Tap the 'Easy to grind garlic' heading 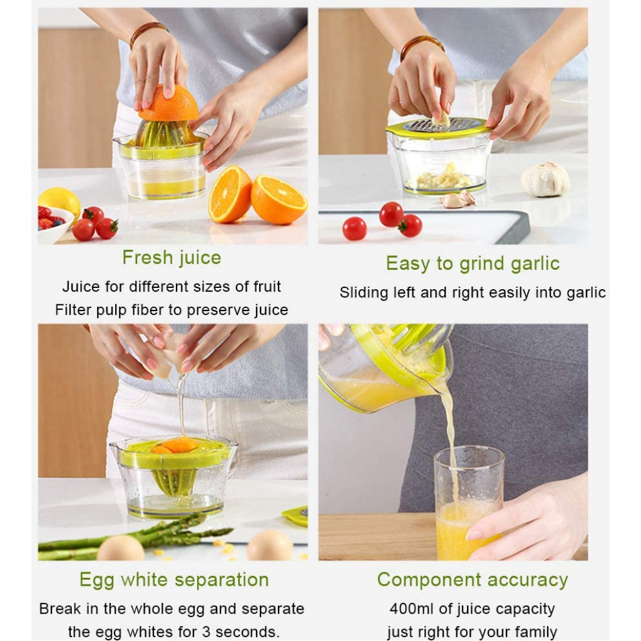point(473,264)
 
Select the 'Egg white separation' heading point(174,580)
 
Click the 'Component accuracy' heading point(473,580)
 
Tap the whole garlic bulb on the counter point(545,179)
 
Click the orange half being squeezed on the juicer point(169,103)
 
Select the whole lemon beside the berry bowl point(60,202)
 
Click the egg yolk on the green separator point(178,445)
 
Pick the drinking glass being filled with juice point(469,503)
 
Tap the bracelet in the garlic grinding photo point(422,46)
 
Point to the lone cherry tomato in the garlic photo point(354,228)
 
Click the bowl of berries point(53,223)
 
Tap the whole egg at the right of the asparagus point(270,545)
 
